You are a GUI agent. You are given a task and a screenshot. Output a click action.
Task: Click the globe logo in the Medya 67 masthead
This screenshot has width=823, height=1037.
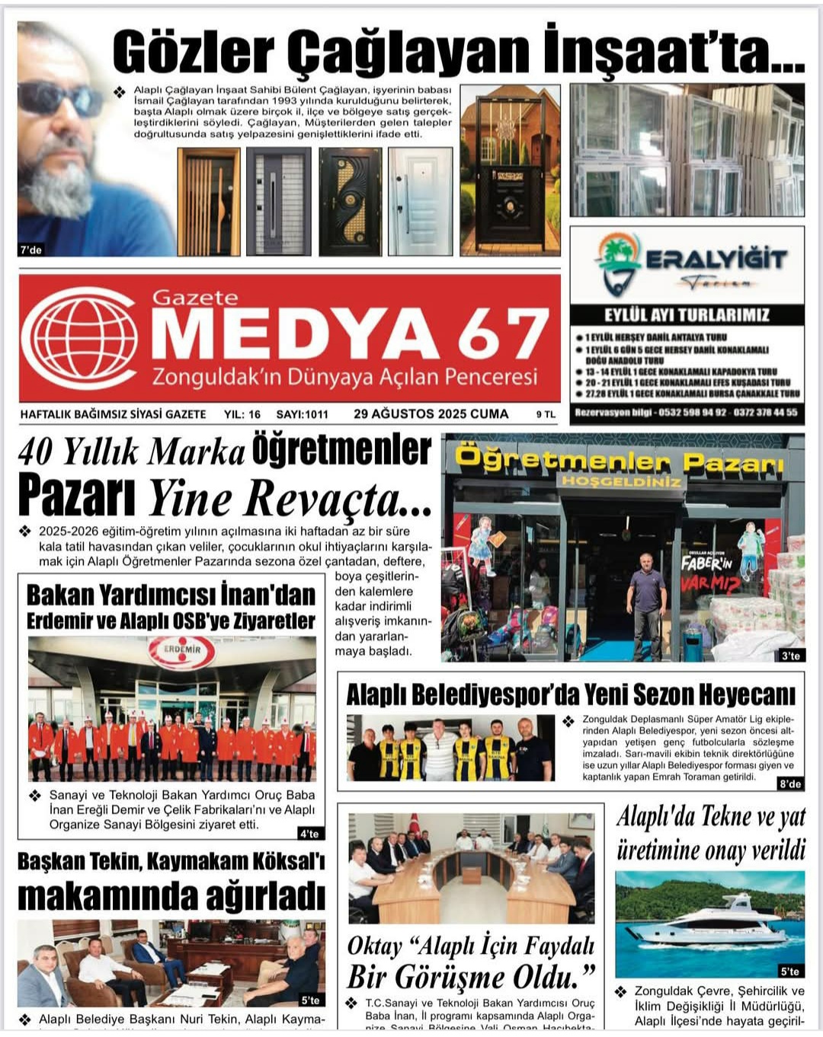point(80,337)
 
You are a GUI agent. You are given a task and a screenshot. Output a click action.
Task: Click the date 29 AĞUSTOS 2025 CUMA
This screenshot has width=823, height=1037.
point(431,414)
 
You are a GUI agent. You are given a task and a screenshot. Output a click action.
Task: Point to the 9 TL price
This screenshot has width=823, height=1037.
point(546,415)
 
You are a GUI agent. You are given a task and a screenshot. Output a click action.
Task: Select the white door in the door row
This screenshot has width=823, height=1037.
point(420,201)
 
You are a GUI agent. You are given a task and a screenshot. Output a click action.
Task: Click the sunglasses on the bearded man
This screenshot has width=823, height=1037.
point(57,98)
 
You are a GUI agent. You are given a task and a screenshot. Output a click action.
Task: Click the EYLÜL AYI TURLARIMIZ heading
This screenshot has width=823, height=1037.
point(687,314)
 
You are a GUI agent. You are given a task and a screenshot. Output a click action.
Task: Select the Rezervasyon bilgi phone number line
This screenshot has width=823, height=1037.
point(687,413)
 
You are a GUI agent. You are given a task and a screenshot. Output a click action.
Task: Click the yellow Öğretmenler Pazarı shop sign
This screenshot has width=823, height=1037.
point(619,460)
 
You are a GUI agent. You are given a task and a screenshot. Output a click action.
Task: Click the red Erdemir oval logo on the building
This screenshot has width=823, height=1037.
point(181,652)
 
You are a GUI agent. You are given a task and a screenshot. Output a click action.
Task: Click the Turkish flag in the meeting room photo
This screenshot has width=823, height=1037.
point(415,825)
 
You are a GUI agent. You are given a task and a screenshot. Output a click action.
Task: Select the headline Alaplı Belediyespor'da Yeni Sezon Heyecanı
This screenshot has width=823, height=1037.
point(571,694)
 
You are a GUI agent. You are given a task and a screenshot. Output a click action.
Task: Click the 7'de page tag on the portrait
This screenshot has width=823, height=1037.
point(31,250)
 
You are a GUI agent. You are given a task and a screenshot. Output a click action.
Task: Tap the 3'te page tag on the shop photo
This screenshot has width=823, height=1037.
point(790,656)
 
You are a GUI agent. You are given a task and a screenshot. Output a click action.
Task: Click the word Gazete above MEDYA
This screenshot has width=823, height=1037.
point(195,298)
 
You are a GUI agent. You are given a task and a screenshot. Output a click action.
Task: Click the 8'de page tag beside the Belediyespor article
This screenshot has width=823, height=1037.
point(790,783)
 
